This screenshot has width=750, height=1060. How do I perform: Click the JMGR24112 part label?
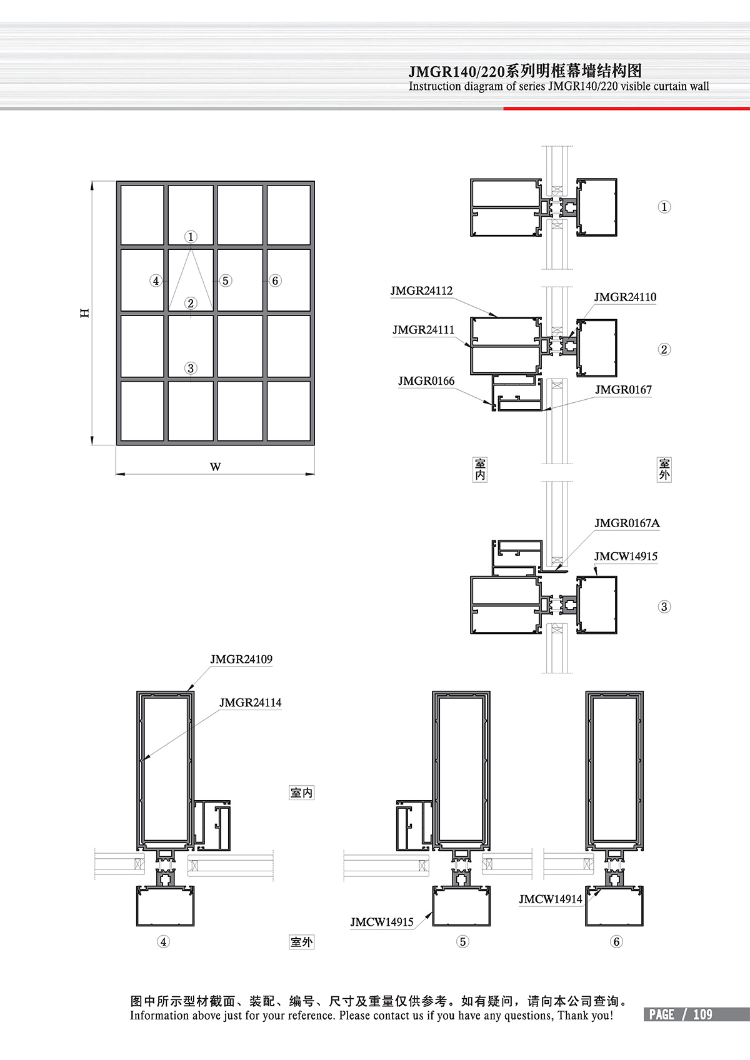tap(421, 291)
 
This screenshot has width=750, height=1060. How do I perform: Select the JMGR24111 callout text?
tap(423, 330)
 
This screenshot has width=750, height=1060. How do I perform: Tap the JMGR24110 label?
tap(625, 297)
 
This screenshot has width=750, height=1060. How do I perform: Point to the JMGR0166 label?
tap(426, 382)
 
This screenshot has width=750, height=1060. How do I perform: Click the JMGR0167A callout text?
tap(627, 523)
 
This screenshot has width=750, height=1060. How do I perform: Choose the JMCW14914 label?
tap(551, 899)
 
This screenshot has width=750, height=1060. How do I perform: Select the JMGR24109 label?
tap(241, 660)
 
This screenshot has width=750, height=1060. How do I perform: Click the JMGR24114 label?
tap(250, 703)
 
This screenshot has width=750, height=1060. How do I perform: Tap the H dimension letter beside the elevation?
tap(85, 313)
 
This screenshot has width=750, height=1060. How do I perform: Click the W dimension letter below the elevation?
tap(215, 467)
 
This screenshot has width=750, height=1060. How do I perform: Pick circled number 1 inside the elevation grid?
tap(191, 237)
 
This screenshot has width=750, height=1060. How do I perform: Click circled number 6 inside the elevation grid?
tap(275, 280)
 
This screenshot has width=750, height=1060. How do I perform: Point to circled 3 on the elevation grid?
tap(191, 369)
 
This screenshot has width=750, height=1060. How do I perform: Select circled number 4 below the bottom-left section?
tap(163, 942)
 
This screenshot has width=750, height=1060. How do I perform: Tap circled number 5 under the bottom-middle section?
tap(462, 942)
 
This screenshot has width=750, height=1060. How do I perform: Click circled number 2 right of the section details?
tap(664, 350)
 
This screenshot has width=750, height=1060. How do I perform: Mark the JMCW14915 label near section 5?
tap(382, 923)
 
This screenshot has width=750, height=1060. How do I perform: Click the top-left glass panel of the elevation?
tap(142, 215)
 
